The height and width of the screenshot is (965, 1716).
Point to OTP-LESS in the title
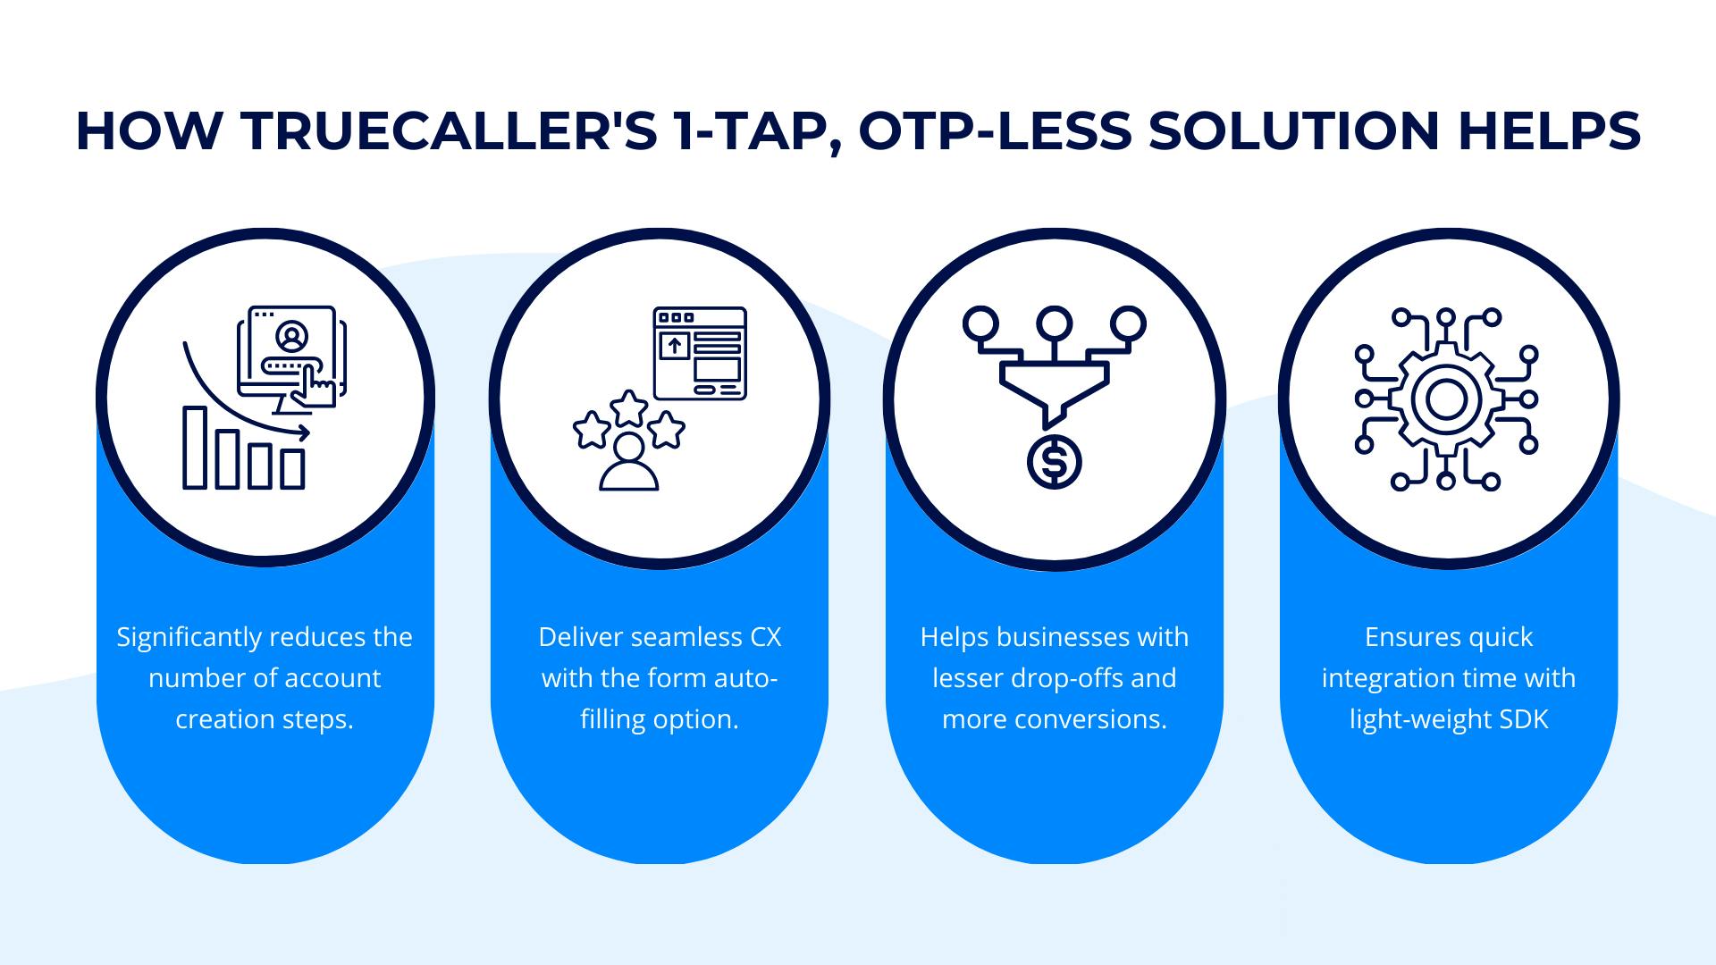pyautogui.click(x=993, y=131)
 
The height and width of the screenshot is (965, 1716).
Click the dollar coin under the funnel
pyautogui.click(x=1055, y=462)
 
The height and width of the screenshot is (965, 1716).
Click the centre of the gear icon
pyautogui.click(x=1446, y=399)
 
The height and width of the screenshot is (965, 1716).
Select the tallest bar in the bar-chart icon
pyautogui.click(x=195, y=448)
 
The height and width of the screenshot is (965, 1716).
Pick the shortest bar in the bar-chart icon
pyautogui.click(x=292, y=468)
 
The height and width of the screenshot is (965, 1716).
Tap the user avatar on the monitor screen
pyautogui.click(x=291, y=337)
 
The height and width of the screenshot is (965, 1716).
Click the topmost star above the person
pyautogui.click(x=629, y=407)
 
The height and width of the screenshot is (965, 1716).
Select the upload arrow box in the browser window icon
pyautogui.click(x=674, y=346)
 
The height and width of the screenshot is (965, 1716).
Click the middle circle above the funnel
pyautogui.click(x=1055, y=322)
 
